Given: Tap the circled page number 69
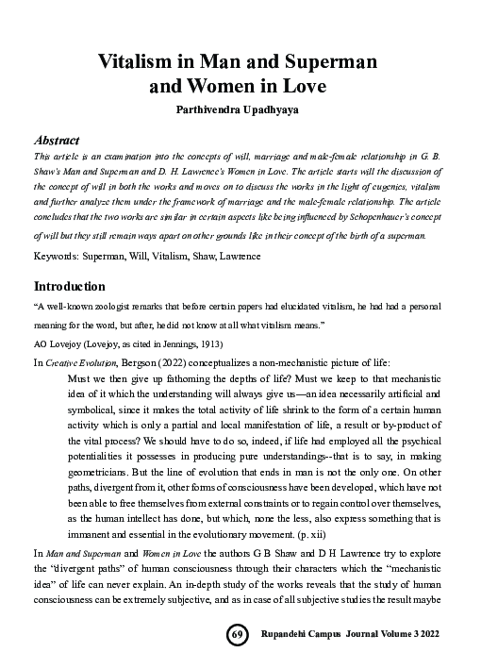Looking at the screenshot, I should [x=238, y=637].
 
